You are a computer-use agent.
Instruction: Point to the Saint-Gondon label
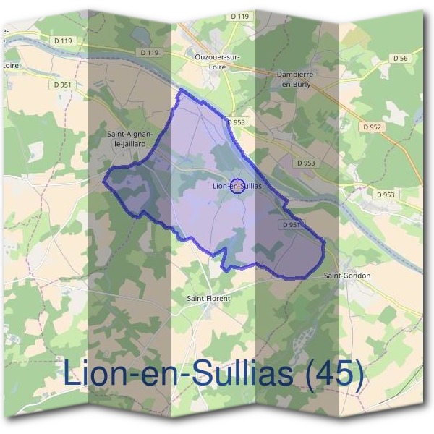click(347, 276)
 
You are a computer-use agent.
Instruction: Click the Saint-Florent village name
click(206, 297)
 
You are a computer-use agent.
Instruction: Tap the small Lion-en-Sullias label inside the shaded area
click(237, 186)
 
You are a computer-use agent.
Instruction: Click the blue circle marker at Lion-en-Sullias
click(237, 186)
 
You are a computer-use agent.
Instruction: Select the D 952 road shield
click(372, 127)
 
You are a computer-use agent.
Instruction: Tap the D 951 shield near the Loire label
click(64, 84)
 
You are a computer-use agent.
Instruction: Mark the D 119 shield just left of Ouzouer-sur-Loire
click(150, 53)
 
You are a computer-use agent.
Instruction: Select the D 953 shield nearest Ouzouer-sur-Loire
click(236, 122)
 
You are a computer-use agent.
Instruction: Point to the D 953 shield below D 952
click(386, 195)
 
